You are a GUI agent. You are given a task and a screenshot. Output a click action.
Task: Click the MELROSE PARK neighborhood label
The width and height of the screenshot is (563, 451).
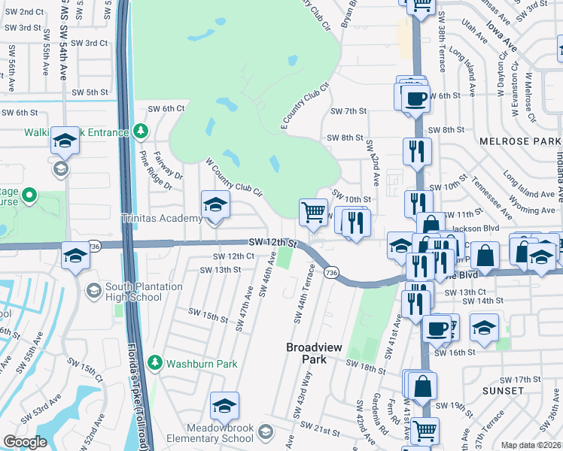519,141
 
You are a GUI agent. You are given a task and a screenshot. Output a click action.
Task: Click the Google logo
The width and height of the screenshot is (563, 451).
25,441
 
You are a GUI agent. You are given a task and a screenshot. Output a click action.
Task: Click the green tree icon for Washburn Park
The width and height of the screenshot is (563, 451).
155,363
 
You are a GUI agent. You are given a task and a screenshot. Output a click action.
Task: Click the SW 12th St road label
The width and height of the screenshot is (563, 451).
273,243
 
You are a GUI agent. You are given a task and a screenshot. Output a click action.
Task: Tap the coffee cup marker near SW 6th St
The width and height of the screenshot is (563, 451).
415,98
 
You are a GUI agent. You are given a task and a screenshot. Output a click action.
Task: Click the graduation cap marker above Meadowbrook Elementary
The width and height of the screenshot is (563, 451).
224,406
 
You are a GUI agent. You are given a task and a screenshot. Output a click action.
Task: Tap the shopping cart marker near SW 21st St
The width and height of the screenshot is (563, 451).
425,431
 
